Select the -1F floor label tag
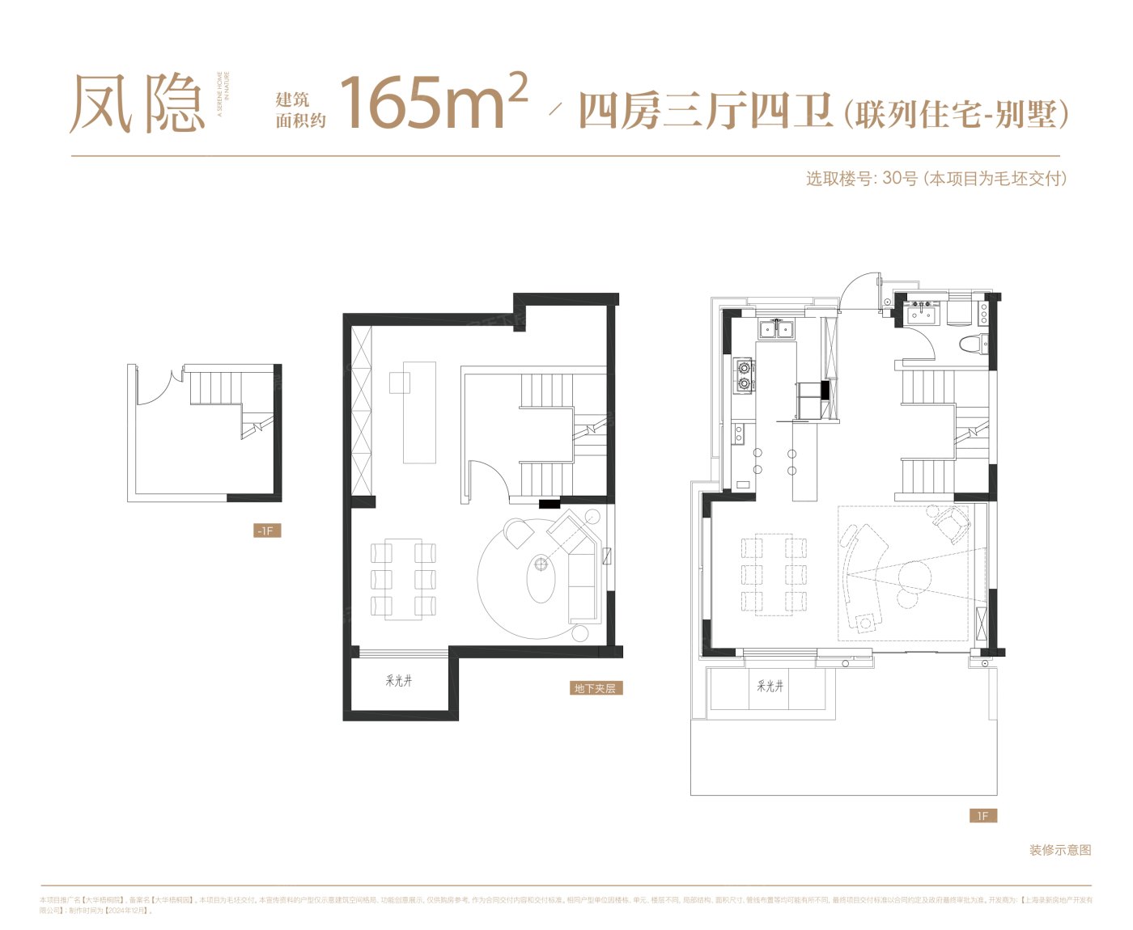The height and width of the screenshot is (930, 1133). pyautogui.click(x=266, y=531)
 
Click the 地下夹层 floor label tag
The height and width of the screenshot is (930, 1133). pyautogui.click(x=595, y=688)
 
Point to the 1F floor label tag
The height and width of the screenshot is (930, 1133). pyautogui.click(x=982, y=816)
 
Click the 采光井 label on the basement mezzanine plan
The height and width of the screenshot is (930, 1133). pyautogui.click(x=399, y=681)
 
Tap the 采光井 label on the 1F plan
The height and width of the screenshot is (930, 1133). pyautogui.click(x=770, y=686)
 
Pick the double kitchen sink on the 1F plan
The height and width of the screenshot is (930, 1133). pyautogui.click(x=776, y=328)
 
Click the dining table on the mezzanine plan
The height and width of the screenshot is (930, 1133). pyautogui.click(x=403, y=578)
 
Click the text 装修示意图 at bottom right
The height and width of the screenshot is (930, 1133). pyautogui.click(x=1060, y=850)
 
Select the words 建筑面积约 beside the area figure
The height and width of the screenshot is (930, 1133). pyautogui.click(x=299, y=110)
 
